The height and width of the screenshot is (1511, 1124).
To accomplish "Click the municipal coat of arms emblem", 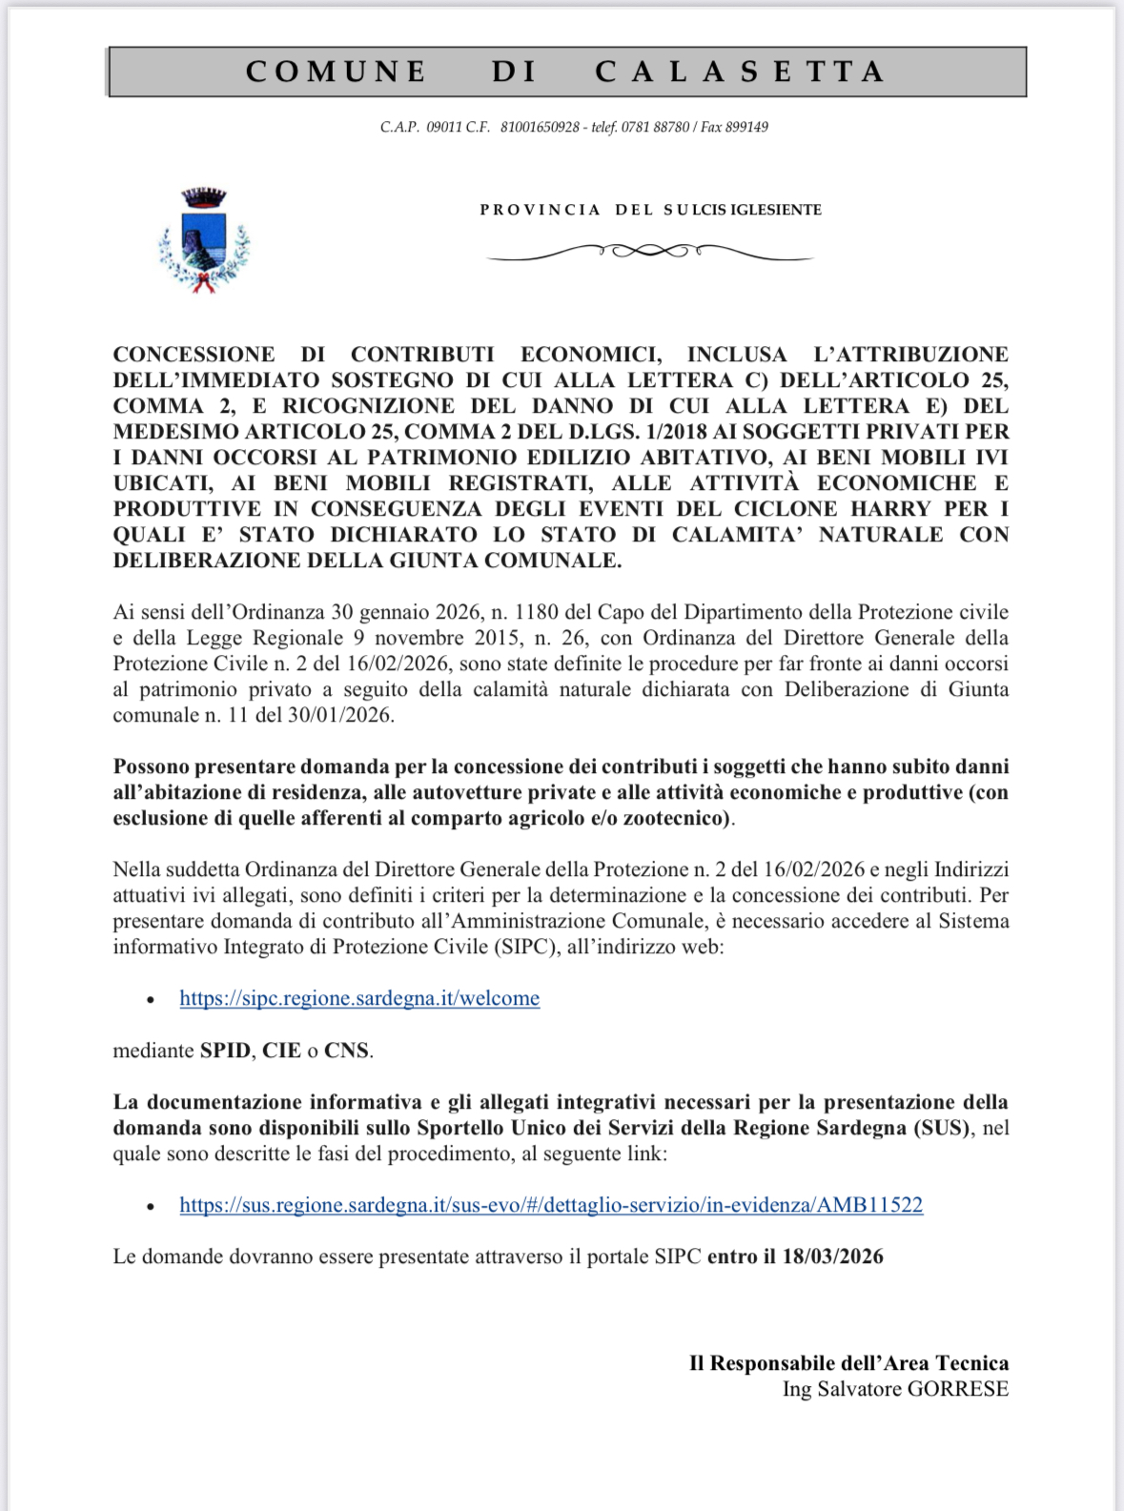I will pos(204,239).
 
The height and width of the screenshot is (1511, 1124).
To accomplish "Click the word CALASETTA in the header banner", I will pos(741,71).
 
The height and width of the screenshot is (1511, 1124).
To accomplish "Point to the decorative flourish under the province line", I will pos(649,252).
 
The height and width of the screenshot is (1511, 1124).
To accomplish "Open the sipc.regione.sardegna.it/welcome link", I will pos(359,998).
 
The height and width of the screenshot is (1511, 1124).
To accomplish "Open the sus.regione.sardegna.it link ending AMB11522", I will pos(551,1205).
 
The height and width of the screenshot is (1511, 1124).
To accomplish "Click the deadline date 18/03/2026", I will pos(832,1256).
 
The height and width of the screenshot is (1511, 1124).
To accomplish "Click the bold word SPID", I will pos(225,1051).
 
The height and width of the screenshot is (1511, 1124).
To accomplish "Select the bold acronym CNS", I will pos(346,1051).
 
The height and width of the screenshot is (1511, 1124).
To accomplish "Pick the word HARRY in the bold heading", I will pos(891,509).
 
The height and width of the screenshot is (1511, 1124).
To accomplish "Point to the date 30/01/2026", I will pos(338,715).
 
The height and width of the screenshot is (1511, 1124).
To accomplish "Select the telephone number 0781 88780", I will pos(655,127).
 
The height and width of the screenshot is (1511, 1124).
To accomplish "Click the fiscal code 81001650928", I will pos(540,127).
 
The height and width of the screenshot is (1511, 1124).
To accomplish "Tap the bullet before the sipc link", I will pos(151,999).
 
